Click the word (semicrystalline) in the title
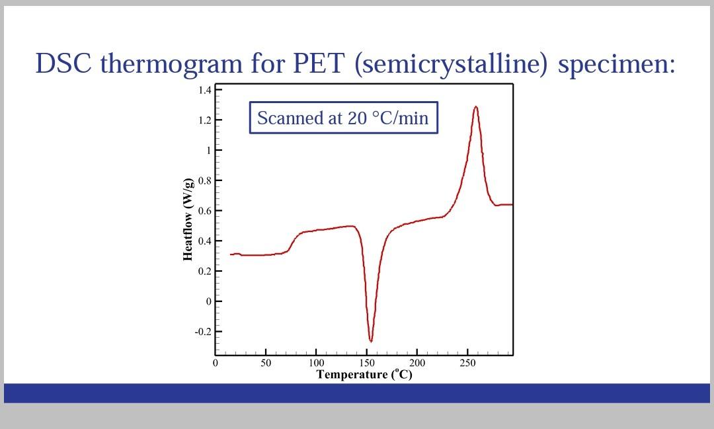click(452, 64)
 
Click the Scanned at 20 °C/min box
click(343, 118)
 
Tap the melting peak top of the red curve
click(475, 106)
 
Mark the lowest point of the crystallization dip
click(371, 341)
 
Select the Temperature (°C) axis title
click(364, 375)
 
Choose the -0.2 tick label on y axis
click(202, 332)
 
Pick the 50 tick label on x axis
click(265, 363)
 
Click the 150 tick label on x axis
click(366, 363)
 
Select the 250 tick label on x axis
click(467, 363)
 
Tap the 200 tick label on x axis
click(417, 363)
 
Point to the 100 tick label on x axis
click(316, 363)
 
